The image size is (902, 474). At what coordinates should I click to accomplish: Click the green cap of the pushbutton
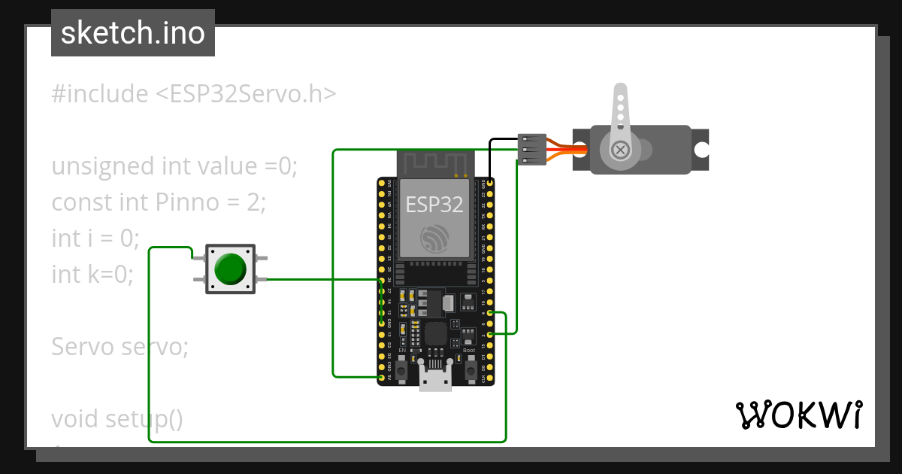[230, 269]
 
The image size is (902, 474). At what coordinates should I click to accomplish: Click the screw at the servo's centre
[621, 150]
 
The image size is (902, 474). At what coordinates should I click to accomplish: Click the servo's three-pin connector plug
[532, 150]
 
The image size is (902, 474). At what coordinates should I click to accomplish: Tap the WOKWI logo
[799, 415]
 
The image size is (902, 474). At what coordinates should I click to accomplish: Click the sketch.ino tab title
[133, 33]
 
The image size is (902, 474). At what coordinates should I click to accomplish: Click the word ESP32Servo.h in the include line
[246, 94]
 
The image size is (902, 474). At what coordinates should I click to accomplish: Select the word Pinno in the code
[185, 202]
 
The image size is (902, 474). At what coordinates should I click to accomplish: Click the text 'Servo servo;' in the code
[120, 347]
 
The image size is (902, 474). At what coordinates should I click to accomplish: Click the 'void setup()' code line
[117, 418]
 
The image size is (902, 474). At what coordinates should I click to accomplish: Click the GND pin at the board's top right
[490, 183]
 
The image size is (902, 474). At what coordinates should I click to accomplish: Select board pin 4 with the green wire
[490, 313]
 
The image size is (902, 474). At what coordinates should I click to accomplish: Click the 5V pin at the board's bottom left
[382, 377]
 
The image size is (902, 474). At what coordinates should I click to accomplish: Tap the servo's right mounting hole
[701, 150]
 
